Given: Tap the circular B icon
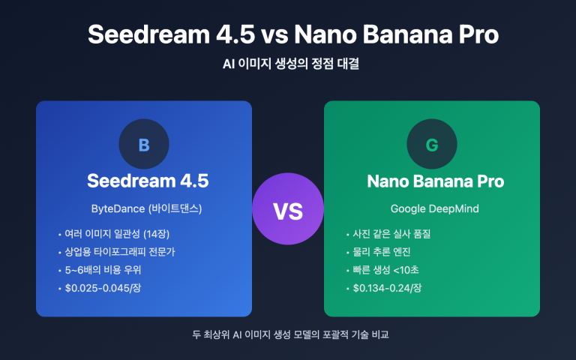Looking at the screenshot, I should [x=144, y=145].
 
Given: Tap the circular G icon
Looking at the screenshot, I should [x=431, y=145].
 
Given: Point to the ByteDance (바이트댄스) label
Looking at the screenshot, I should [x=144, y=207].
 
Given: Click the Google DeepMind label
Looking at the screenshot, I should [x=431, y=207].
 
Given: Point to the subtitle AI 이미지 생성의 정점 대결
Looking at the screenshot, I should [x=288, y=64].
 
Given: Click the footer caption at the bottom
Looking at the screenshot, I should [x=288, y=334].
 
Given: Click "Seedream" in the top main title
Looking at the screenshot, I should [x=142, y=34].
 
